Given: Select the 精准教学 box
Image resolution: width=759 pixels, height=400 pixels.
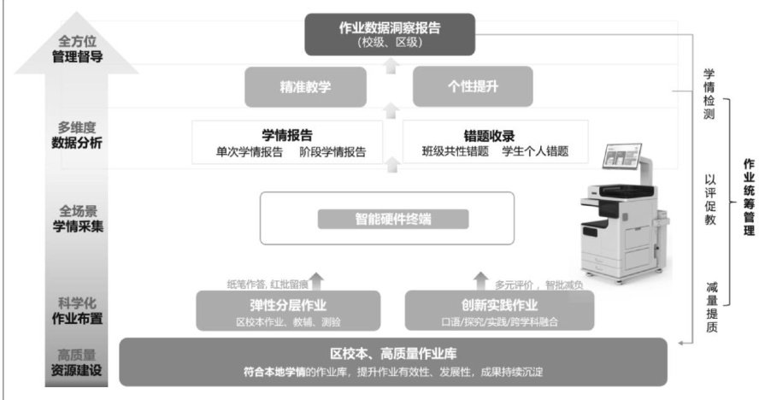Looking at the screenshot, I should click(304, 86).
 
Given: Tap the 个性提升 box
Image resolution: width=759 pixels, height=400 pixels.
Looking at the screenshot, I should click(474, 86).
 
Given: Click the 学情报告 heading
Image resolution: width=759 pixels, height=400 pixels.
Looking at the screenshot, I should click(286, 135).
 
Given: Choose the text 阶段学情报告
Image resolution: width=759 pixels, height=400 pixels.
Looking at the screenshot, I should click(332, 153).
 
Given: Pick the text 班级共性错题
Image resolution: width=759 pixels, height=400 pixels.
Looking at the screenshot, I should click(456, 153).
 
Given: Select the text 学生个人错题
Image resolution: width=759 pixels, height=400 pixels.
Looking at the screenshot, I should click(534, 153).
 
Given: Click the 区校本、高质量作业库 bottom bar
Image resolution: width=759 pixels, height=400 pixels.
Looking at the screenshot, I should click(392, 362).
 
